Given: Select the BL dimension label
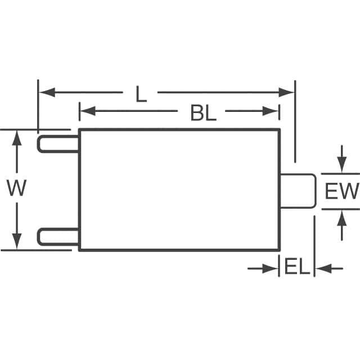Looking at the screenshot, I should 203,113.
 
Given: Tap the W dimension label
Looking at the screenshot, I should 16,188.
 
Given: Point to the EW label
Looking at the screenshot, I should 341,192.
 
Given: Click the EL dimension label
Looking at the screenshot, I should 296,267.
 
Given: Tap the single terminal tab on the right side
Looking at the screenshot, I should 298,191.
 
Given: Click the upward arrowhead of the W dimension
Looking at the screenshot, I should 17,138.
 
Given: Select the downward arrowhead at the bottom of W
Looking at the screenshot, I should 17,242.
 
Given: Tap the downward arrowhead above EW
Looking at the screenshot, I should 341,165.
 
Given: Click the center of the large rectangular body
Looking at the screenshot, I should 179,190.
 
